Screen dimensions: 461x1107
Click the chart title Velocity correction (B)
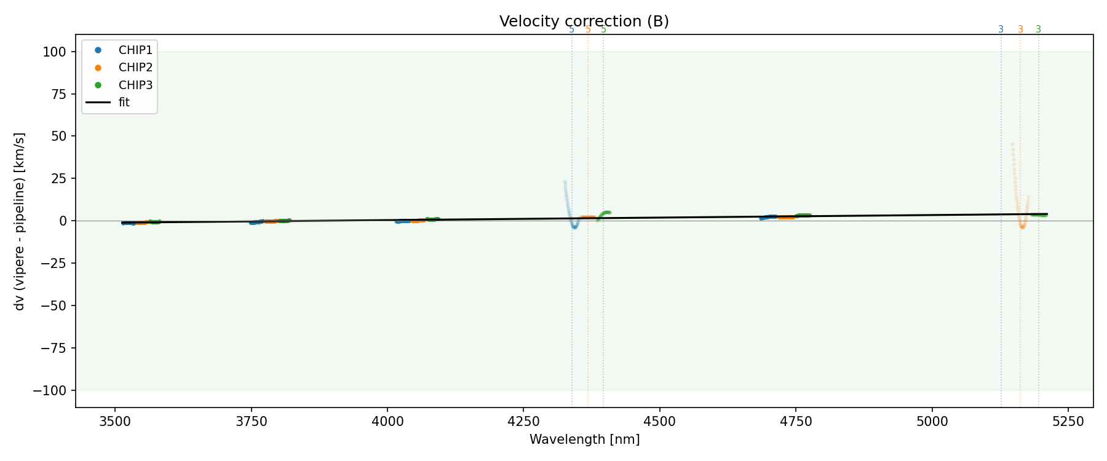[584, 22]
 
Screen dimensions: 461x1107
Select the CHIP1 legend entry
[135, 50]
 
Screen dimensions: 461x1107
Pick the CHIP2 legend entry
[135, 68]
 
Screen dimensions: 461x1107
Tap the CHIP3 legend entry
[135, 85]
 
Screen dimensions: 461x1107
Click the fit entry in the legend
[124, 103]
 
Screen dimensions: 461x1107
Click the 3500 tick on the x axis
[115, 421]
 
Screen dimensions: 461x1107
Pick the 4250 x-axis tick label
[523, 421]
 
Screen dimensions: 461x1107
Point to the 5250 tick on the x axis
[1068, 421]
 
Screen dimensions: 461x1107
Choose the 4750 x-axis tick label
[795, 421]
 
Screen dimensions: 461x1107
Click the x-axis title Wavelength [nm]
[584, 439]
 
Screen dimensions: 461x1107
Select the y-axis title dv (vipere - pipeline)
[20, 221]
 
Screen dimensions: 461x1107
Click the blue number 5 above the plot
[571, 30]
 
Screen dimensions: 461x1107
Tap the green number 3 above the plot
[1039, 30]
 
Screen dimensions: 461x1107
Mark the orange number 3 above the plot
[1020, 30]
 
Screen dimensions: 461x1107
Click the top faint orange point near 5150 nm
[1012, 144]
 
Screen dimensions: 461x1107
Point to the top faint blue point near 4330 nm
[565, 182]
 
